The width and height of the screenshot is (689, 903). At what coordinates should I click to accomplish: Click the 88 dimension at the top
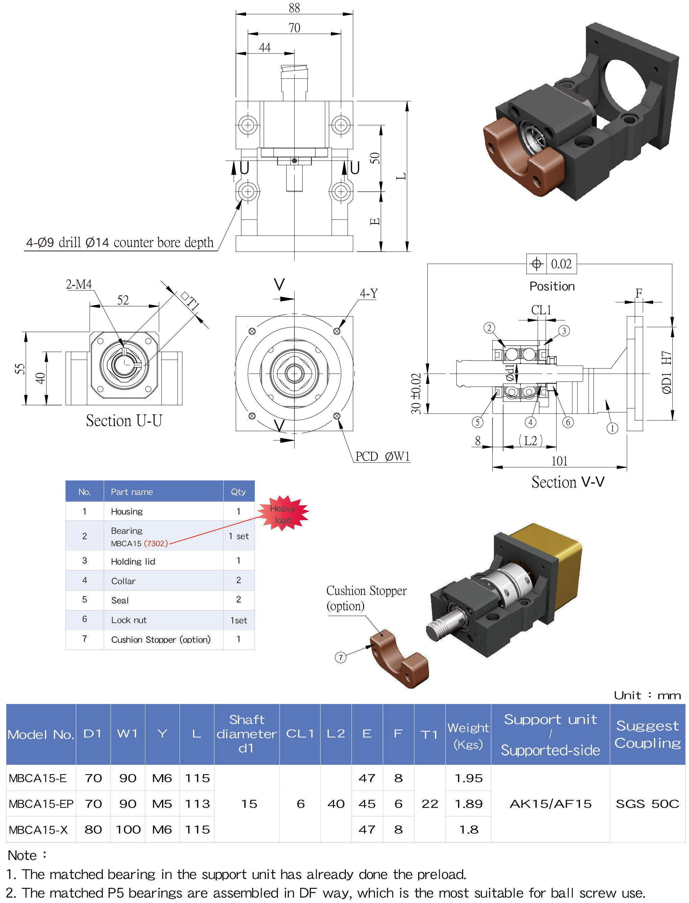point(294,8)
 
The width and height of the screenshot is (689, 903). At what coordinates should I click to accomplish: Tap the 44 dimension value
point(264,48)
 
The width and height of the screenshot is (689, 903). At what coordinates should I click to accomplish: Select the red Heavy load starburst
point(283,514)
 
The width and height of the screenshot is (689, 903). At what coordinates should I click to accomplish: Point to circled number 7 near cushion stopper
point(340,657)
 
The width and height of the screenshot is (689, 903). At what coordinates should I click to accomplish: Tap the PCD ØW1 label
point(382,456)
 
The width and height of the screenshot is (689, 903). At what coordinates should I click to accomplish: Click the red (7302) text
point(156,543)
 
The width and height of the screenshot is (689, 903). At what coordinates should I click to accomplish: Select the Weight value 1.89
point(468,804)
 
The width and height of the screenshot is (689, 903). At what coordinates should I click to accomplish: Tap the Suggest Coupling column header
point(647,734)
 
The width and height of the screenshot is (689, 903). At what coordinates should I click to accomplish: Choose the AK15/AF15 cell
point(550,804)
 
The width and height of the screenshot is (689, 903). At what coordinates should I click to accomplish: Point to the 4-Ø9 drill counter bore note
point(120,242)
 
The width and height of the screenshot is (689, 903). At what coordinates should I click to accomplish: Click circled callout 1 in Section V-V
point(612,428)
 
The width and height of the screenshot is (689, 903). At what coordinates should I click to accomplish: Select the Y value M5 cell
point(162,804)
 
